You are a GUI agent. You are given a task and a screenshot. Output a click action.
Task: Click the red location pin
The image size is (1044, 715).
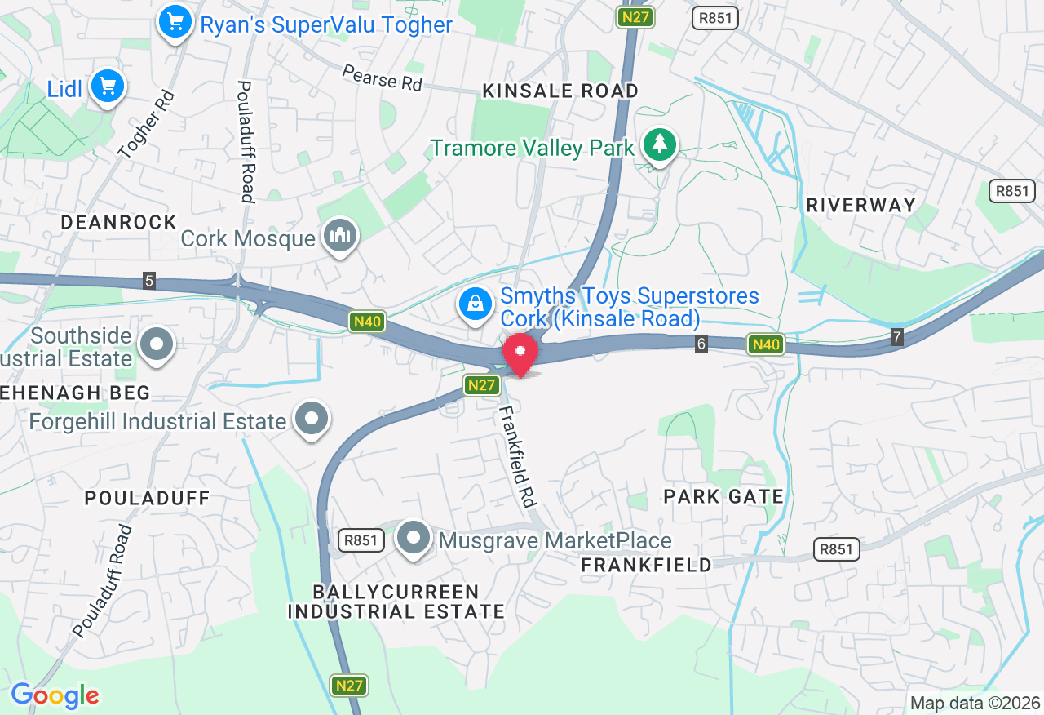520,354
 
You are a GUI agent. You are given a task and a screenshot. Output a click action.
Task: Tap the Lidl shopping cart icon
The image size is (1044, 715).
108,87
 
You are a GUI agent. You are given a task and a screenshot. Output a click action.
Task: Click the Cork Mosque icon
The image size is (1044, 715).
339,237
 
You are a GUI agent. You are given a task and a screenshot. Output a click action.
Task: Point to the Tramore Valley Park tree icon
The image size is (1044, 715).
660,145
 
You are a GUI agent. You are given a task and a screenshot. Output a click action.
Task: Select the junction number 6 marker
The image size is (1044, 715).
701,344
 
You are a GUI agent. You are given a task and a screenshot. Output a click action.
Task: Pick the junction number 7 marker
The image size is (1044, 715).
897,336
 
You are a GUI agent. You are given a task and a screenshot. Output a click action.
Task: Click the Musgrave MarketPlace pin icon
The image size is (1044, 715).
414,539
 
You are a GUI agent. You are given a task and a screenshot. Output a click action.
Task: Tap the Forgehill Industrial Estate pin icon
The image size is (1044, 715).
311,420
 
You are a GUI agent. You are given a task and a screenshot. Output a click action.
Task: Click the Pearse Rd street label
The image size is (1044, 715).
382,78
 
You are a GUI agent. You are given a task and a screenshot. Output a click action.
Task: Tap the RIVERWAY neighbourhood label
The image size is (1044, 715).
860,205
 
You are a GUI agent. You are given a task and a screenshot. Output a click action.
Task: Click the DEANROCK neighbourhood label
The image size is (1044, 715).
119,222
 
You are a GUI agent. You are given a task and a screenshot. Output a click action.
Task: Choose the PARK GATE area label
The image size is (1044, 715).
723,496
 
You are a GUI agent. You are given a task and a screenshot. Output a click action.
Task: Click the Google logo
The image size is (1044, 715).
55,695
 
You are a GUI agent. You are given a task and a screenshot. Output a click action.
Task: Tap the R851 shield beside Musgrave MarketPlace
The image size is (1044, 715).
361,540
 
